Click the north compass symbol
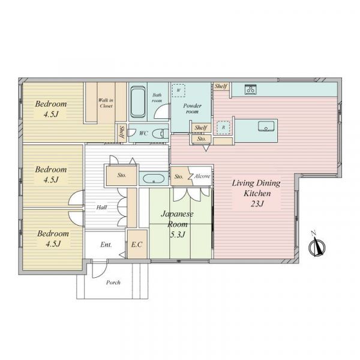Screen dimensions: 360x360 click(317, 245)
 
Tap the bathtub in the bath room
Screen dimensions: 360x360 click(138, 101)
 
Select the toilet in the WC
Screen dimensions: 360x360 click(160, 134)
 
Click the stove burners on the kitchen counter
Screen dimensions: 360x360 click(250, 89)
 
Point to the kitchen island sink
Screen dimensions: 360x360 click(266, 126)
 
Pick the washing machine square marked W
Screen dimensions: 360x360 click(179, 91)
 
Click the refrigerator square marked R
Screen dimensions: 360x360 click(223, 127)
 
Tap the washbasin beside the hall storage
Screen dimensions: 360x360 click(154, 178)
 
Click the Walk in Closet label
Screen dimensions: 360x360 click(106, 103)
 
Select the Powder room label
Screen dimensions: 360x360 click(192, 109)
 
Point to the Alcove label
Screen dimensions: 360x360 click(202, 176)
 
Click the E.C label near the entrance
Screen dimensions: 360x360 click(137, 245)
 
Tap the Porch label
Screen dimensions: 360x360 click(113, 283)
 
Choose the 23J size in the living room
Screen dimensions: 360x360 click(257, 203)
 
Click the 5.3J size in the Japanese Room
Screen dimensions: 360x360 click(177, 235)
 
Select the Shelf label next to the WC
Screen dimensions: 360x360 click(122, 132)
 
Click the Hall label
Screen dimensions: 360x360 click(101, 208)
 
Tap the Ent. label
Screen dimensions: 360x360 click(106, 245)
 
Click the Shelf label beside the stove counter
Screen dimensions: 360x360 click(221, 86)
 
